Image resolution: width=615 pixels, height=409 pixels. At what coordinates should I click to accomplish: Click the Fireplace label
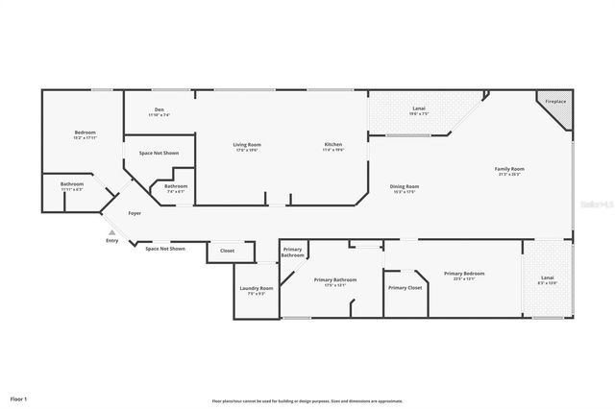tap(555, 101)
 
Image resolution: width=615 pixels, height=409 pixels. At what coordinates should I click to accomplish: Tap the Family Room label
tap(510, 169)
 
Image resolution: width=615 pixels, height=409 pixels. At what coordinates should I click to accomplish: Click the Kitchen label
tap(332, 145)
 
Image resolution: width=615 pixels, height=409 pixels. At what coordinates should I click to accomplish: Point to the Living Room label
tap(247, 145)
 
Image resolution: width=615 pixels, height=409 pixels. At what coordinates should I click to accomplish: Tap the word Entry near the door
tap(112, 240)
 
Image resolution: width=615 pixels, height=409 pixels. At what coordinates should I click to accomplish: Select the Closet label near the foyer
tap(227, 251)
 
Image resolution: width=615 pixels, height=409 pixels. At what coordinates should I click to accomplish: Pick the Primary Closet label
tap(405, 287)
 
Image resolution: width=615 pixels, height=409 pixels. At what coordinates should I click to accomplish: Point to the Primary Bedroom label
tap(464, 274)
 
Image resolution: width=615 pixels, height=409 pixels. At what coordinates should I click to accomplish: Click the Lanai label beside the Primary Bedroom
tap(548, 278)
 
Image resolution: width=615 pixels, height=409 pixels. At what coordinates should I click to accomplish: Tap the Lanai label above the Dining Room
tap(419, 108)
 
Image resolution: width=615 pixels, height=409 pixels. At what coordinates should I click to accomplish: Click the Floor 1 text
tap(19, 397)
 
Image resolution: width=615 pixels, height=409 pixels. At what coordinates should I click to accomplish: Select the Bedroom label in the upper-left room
tap(86, 132)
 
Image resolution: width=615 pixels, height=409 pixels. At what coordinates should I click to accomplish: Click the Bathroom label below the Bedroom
tap(72, 184)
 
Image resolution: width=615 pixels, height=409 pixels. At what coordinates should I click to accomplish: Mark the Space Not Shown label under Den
tap(159, 153)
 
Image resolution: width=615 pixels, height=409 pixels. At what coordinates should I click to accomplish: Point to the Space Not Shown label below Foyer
tap(164, 249)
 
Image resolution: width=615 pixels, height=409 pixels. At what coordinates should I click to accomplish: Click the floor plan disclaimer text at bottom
tap(307, 400)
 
